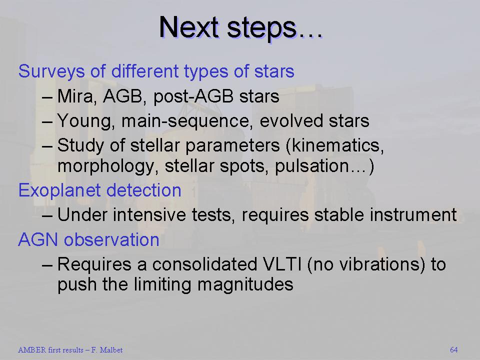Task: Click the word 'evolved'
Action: (291, 120)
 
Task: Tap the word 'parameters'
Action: (232, 145)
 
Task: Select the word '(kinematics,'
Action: (335, 145)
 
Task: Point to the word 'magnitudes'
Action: (245, 284)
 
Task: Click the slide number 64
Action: (454, 350)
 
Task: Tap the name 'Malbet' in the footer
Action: (111, 350)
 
